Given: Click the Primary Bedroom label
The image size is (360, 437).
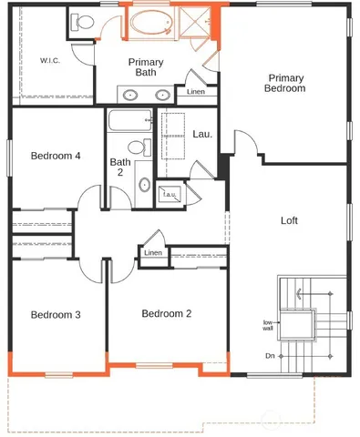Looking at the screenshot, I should (284, 83).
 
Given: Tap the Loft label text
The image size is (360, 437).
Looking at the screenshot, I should (289, 220).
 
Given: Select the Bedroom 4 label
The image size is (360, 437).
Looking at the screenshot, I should (56, 156).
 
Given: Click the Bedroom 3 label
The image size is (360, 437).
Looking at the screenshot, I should (56, 315).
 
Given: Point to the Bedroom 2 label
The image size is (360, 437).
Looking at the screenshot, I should (167, 314).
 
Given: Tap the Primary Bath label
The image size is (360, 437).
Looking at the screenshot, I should (145, 66).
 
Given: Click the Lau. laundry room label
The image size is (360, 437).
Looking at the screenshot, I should (202, 134).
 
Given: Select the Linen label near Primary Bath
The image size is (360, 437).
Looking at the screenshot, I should (195, 92).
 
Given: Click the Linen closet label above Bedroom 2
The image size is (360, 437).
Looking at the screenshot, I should (153, 252).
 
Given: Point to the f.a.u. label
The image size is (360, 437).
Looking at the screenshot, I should (170, 194).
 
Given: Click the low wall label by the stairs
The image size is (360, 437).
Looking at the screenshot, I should (270, 325).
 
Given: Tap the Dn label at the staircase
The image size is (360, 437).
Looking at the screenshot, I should (270, 356).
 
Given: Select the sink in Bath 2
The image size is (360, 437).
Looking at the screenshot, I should (144, 185).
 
